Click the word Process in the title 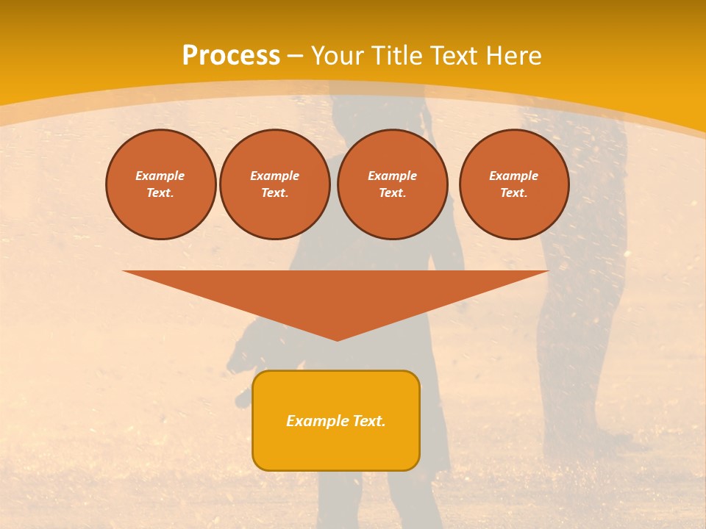pos(231,56)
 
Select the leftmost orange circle pos(161,184)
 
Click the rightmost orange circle pos(514,184)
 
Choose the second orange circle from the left pos(275,184)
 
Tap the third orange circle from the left pos(393,184)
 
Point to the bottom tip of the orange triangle pos(337,339)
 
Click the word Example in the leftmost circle pos(160,176)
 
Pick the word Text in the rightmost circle pos(513,193)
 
